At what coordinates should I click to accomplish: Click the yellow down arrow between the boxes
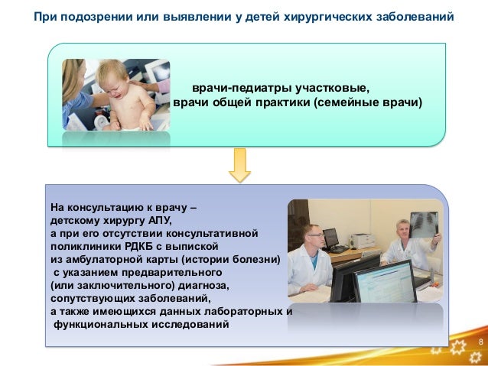pos(240,165)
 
